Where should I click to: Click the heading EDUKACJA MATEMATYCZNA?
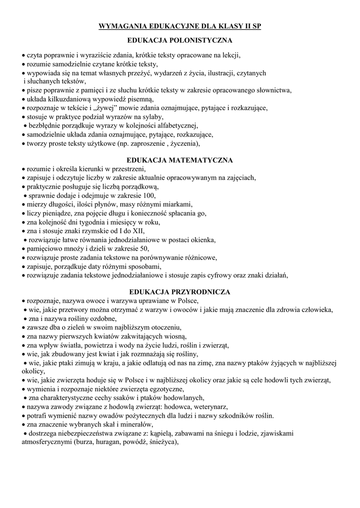180,160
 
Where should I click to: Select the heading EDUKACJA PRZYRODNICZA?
179,292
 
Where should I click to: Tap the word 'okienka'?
203,240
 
